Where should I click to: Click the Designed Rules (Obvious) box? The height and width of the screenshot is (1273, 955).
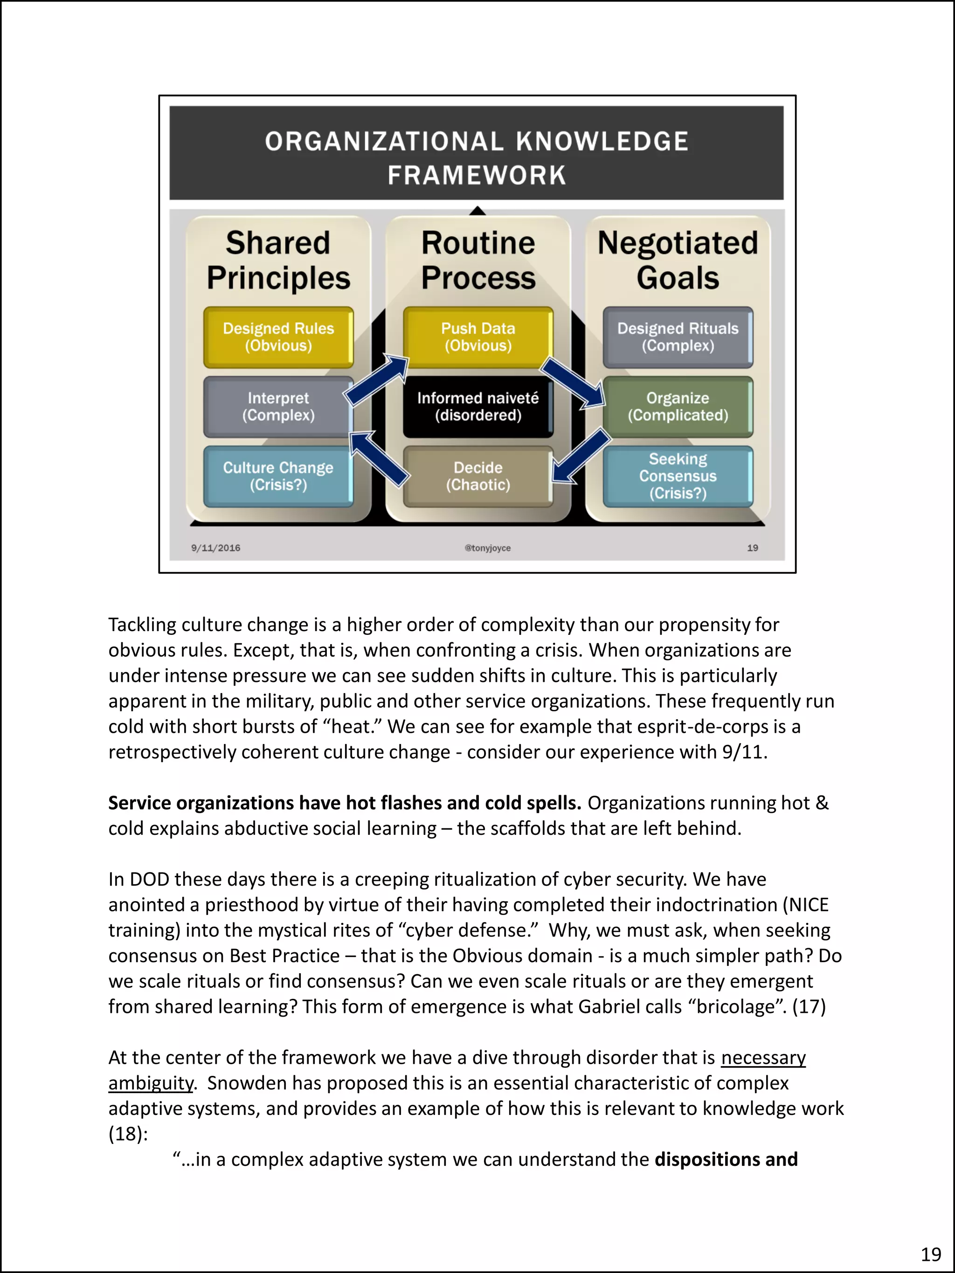278,337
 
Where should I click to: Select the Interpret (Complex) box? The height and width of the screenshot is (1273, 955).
278,407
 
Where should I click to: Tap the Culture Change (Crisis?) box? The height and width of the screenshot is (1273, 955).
278,476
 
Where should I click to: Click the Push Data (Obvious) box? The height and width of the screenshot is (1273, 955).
478,337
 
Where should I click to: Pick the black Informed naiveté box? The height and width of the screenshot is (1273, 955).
478,407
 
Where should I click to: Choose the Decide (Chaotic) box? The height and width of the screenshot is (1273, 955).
478,476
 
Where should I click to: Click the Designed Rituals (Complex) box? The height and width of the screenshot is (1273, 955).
678,337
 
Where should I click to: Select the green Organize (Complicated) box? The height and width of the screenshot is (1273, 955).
678,407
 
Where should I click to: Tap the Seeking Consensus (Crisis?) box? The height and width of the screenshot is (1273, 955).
678,476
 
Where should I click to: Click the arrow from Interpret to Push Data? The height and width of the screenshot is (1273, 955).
377,380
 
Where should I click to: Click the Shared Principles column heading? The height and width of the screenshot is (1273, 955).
278,260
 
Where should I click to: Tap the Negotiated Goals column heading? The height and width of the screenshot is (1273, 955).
678,260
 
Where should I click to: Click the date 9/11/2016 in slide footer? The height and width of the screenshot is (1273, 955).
216,548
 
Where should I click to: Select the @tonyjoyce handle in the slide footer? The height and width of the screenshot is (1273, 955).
488,548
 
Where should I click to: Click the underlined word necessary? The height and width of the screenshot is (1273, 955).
763,1058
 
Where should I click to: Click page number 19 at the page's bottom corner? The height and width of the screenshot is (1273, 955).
931,1254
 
